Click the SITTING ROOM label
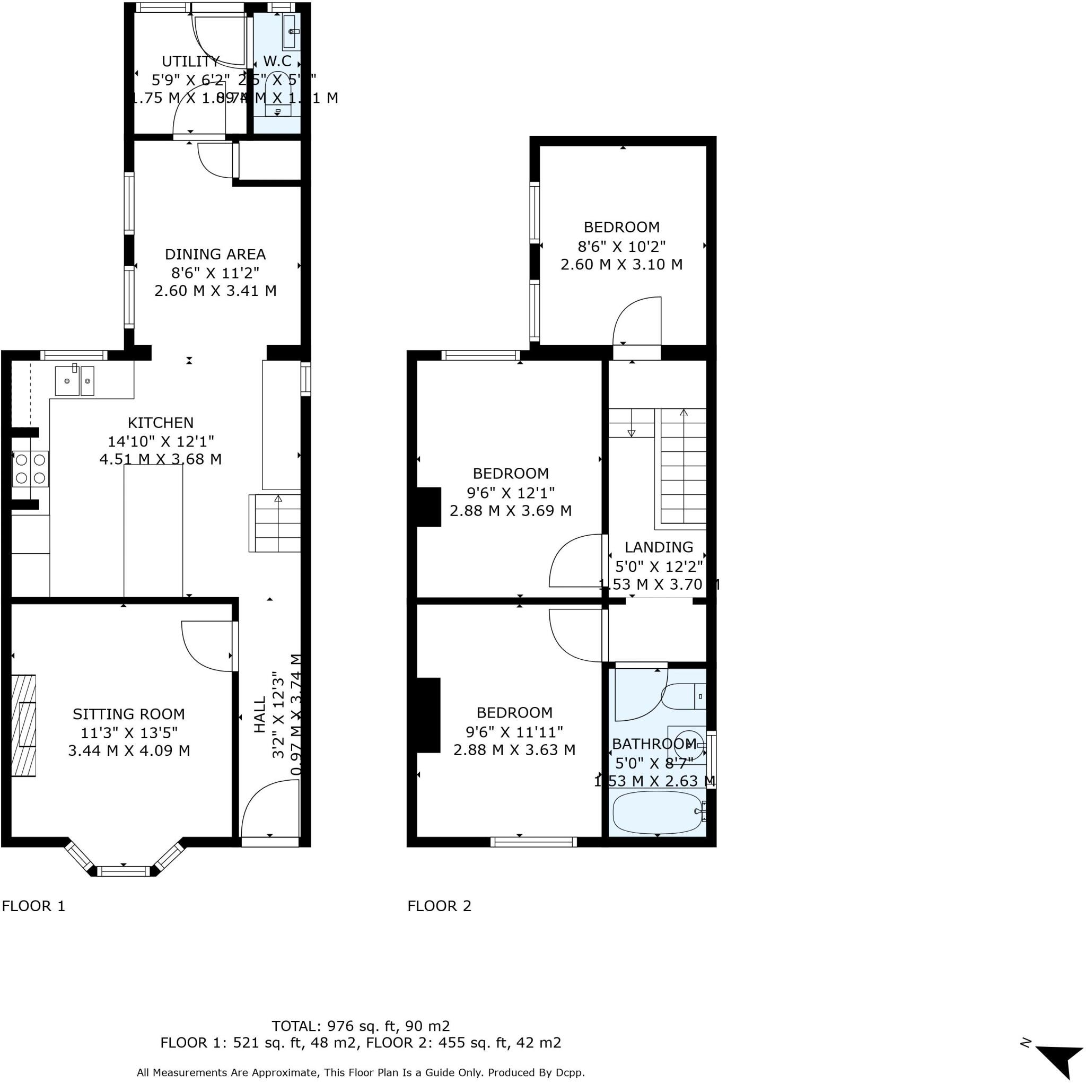click(x=129, y=713)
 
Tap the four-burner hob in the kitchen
click(x=30, y=469)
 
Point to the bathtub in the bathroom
click(x=656, y=813)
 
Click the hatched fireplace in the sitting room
click(x=24, y=726)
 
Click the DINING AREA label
click(x=215, y=254)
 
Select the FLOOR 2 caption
click(x=439, y=906)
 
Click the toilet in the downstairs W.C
click(x=278, y=93)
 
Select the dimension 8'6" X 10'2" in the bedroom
click(x=621, y=246)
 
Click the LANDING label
click(x=659, y=547)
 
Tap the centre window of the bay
click(x=124, y=871)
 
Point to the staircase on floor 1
click(x=275, y=523)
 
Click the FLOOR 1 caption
click(x=34, y=906)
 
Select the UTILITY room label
click(x=190, y=62)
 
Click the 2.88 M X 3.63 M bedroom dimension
click(x=514, y=749)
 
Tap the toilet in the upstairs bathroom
click(x=683, y=696)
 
